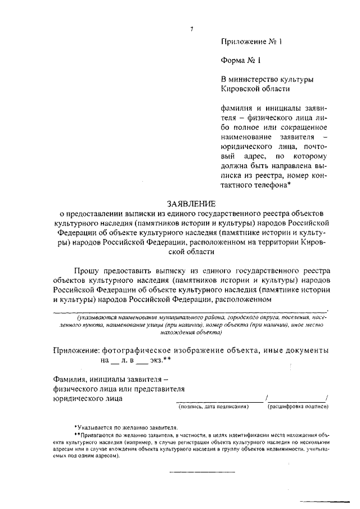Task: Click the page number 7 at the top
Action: [x=192, y=29]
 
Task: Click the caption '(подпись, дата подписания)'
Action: [x=213, y=406]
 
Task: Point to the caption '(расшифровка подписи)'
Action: [x=298, y=406]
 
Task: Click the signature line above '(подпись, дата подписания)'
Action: [x=219, y=400]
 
